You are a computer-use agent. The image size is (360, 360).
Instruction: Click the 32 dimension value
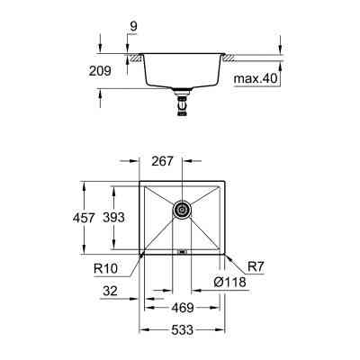click(x=111, y=291)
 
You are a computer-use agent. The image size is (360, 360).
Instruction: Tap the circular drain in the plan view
click(x=183, y=210)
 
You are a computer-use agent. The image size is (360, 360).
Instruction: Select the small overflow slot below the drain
click(x=183, y=253)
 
